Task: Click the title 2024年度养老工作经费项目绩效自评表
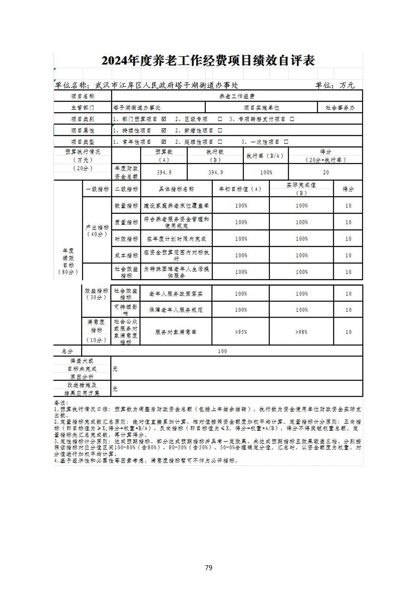(x=208, y=61)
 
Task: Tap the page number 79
(x=208, y=567)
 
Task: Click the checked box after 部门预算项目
(x=164, y=119)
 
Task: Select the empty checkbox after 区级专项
(x=220, y=119)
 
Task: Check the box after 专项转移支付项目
(x=292, y=119)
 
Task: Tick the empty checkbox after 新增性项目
(x=220, y=130)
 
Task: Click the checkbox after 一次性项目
(x=286, y=142)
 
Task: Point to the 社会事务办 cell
(x=340, y=107)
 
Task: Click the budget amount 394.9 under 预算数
(x=164, y=172)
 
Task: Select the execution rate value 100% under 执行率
(x=266, y=172)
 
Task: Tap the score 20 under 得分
(x=326, y=172)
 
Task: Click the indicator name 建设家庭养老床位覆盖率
(x=176, y=206)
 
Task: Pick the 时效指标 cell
(x=126, y=239)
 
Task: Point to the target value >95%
(x=241, y=332)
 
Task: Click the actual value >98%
(x=301, y=332)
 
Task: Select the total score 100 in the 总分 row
(x=222, y=351)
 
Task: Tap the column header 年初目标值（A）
(x=240, y=189)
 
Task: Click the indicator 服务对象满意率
(x=176, y=332)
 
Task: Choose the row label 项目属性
(x=82, y=130)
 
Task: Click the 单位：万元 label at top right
(x=335, y=85)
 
